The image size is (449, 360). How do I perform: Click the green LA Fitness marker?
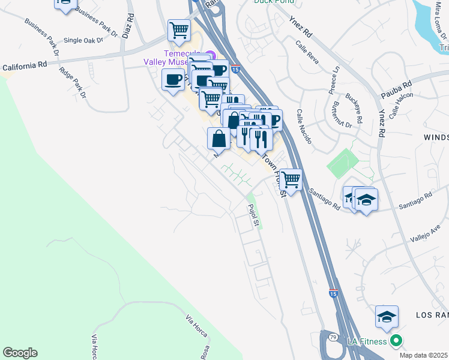pyautogui.click(x=396, y=341)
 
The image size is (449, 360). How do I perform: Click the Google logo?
pyautogui.click(x=20, y=353)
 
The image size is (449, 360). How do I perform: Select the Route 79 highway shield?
pyautogui.click(x=331, y=338)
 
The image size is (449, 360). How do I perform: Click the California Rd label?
pyautogui.click(x=25, y=68)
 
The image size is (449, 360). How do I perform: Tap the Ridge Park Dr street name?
pyautogui.click(x=73, y=82)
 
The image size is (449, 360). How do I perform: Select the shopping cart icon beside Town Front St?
pyautogui.click(x=291, y=179)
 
